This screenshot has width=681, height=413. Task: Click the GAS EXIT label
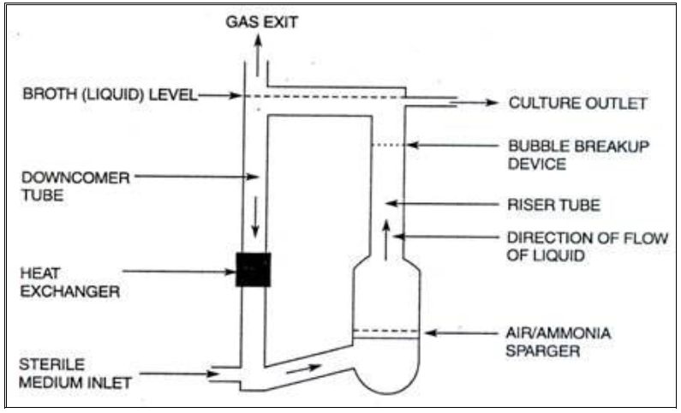coord(262,21)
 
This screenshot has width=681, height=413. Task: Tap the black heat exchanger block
coord(254,270)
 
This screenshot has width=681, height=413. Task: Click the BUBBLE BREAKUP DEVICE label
coord(578,154)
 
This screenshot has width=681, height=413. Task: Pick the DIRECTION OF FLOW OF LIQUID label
coord(586,245)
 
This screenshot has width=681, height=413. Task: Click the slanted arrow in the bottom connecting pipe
coord(303,369)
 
